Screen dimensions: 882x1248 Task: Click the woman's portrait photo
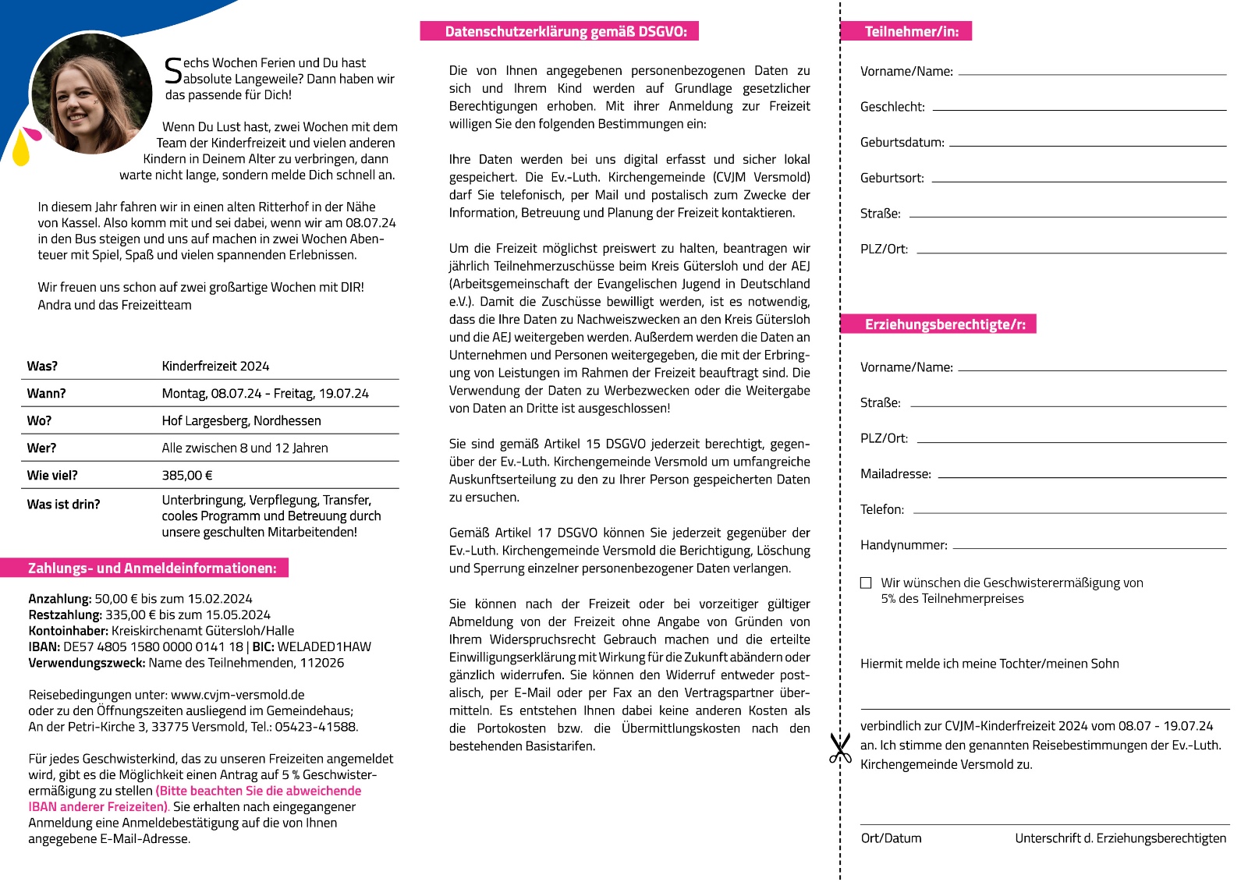(91, 93)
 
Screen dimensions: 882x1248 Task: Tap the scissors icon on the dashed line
(840, 748)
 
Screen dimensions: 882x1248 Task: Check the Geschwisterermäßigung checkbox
(866, 583)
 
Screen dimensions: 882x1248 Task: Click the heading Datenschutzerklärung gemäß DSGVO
(559, 31)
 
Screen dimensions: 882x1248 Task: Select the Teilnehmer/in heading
(906, 31)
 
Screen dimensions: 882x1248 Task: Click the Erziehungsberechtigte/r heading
(939, 324)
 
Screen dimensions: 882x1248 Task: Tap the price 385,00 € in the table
(187, 475)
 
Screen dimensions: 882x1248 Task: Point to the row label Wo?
(39, 420)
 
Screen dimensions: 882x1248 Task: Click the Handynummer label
(903, 545)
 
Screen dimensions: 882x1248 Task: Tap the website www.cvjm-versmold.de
(238, 694)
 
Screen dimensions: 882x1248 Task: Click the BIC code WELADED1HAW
(324, 646)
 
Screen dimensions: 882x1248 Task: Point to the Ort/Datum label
(891, 838)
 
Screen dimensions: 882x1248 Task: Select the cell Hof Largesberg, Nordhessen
(241, 420)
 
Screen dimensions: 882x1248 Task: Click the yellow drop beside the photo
(20, 150)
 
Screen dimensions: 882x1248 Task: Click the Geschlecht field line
(1080, 109)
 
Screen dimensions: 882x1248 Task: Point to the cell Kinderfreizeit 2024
(215, 366)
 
